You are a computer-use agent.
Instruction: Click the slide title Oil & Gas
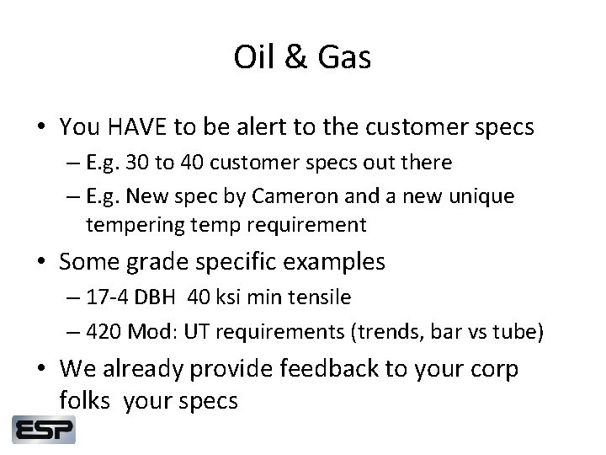(x=303, y=58)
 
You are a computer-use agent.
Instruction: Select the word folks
(x=88, y=401)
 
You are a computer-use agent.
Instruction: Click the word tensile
(x=322, y=297)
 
